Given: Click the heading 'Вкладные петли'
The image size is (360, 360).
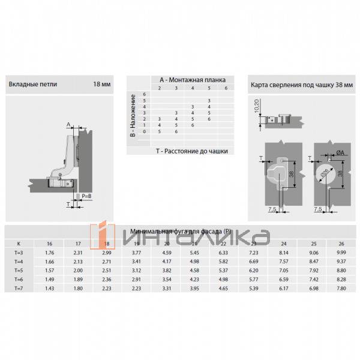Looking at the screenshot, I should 33,85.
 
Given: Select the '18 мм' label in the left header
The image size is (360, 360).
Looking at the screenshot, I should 102,85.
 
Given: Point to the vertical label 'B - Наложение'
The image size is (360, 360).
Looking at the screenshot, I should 133,115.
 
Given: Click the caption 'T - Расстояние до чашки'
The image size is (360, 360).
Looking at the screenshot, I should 191,152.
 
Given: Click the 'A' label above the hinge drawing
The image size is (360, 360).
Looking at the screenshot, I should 68,124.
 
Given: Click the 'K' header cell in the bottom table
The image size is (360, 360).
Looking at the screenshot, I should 19,244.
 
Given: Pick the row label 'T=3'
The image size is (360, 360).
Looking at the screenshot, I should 19,253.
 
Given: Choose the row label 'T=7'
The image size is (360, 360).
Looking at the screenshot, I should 19,289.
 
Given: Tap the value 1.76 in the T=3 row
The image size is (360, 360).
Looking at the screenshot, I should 50,253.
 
